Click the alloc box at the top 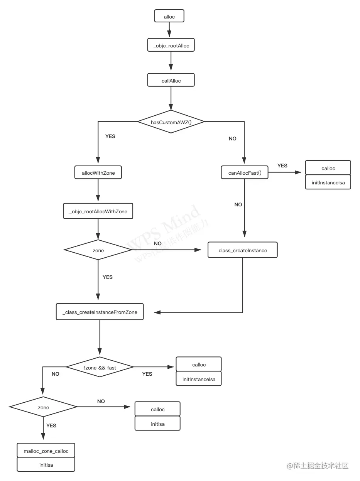[169, 16]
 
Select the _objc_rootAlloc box [171, 46]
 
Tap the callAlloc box [171, 81]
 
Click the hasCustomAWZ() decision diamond [171, 122]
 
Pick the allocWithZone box [98, 173]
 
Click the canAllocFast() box [245, 173]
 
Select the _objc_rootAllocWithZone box [98, 211]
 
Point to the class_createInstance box [242, 250]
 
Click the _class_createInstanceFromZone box [100, 312]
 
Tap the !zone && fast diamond [100, 367]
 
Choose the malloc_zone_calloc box [46, 451]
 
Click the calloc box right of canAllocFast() [328, 168]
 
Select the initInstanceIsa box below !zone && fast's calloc [199, 379]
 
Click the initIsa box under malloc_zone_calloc [46, 465]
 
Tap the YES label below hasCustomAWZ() [110, 137]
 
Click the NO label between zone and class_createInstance [157, 243]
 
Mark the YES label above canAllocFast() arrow [282, 165]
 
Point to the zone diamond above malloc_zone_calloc [43, 407]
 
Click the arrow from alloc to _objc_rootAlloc [169, 30]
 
